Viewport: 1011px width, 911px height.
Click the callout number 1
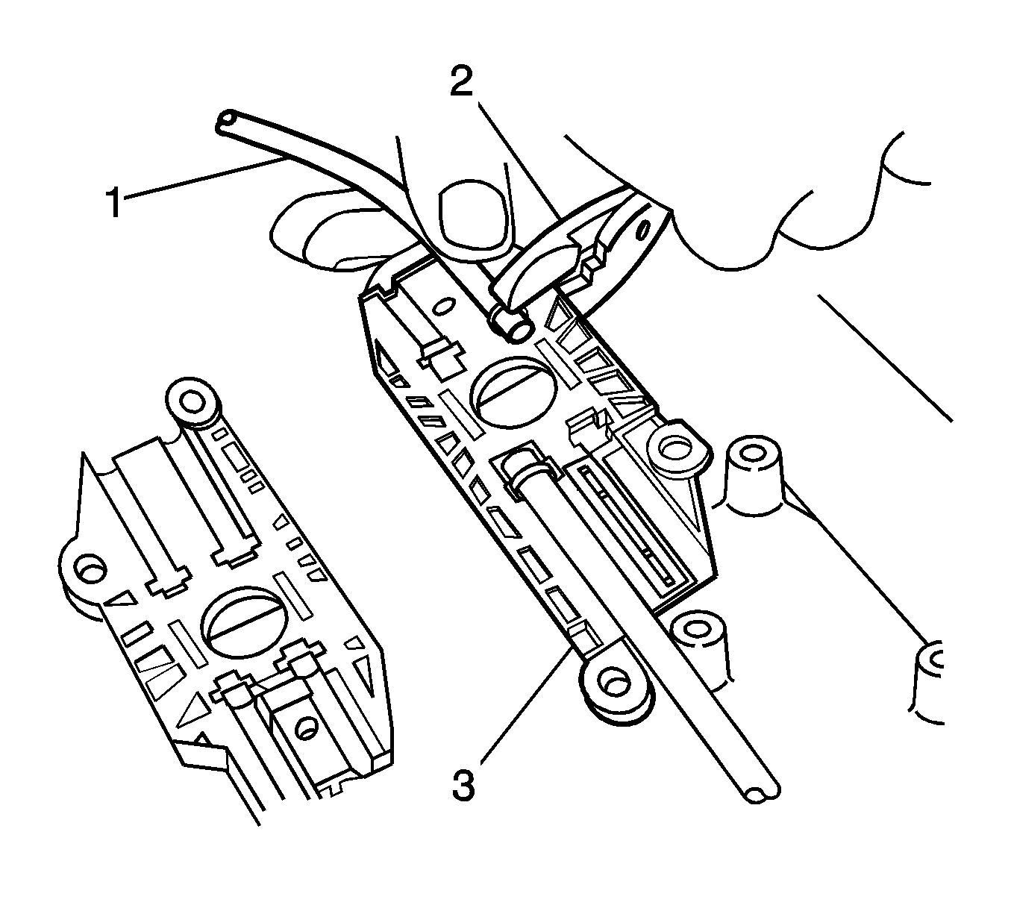[x=116, y=201]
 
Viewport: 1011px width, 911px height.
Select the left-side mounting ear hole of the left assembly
[x=91, y=570]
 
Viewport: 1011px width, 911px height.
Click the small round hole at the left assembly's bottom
[x=306, y=727]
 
